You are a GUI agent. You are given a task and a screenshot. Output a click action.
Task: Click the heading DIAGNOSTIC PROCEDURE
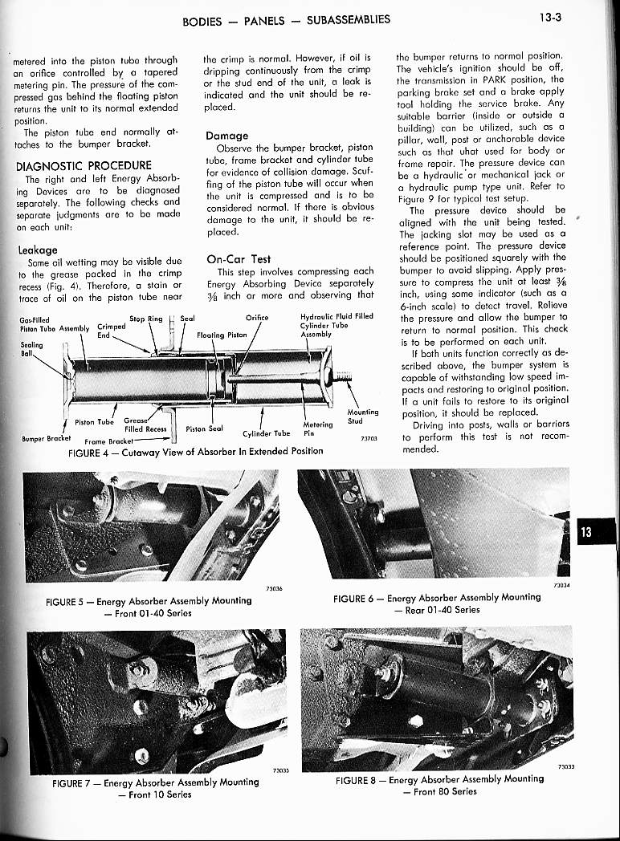83,166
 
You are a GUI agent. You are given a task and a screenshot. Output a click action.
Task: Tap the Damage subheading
227,136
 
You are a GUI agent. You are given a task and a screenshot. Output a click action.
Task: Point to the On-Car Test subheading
239,259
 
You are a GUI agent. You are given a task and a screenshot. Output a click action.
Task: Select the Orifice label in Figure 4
256,318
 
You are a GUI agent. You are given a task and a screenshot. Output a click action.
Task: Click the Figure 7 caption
154,788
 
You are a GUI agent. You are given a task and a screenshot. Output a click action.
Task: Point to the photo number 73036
274,588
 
